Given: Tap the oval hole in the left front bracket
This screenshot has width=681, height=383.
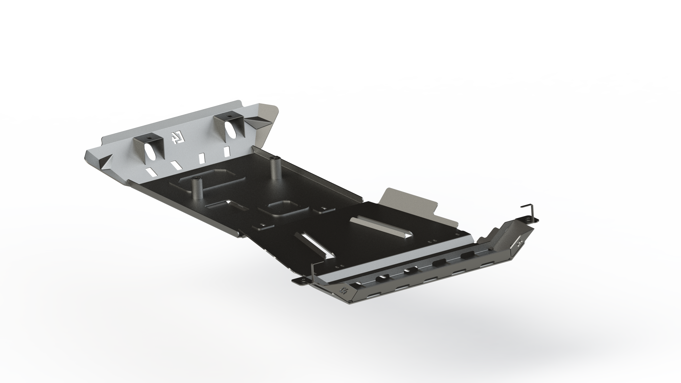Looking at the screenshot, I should (x=149, y=154).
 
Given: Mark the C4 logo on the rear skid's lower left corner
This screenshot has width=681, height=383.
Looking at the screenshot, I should (x=345, y=291).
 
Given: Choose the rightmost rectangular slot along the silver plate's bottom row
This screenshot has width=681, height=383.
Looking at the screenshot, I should (x=227, y=152).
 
